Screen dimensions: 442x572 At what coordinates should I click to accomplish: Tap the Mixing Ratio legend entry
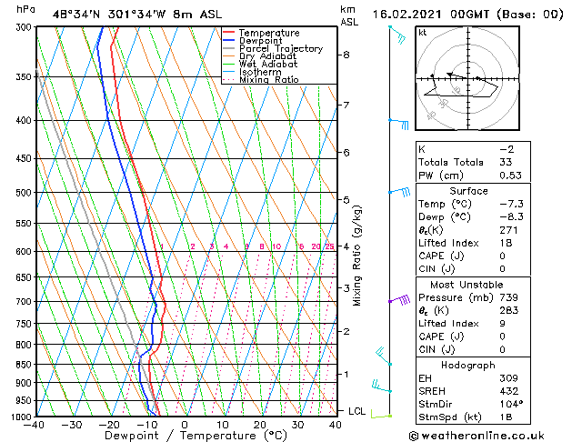pyautogui.click(x=268, y=80)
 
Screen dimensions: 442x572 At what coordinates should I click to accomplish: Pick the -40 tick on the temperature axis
pyautogui.click(x=35, y=425)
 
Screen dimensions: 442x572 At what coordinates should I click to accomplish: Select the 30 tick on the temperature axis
pyautogui.click(x=298, y=425)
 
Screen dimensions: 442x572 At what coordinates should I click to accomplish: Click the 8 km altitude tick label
pyautogui.click(x=346, y=55)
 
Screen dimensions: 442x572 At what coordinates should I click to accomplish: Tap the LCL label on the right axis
pyautogui.click(x=357, y=411)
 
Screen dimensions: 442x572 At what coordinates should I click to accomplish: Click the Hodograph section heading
pyautogui.click(x=469, y=364)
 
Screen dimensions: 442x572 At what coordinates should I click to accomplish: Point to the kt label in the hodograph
pyautogui.click(x=422, y=32)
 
